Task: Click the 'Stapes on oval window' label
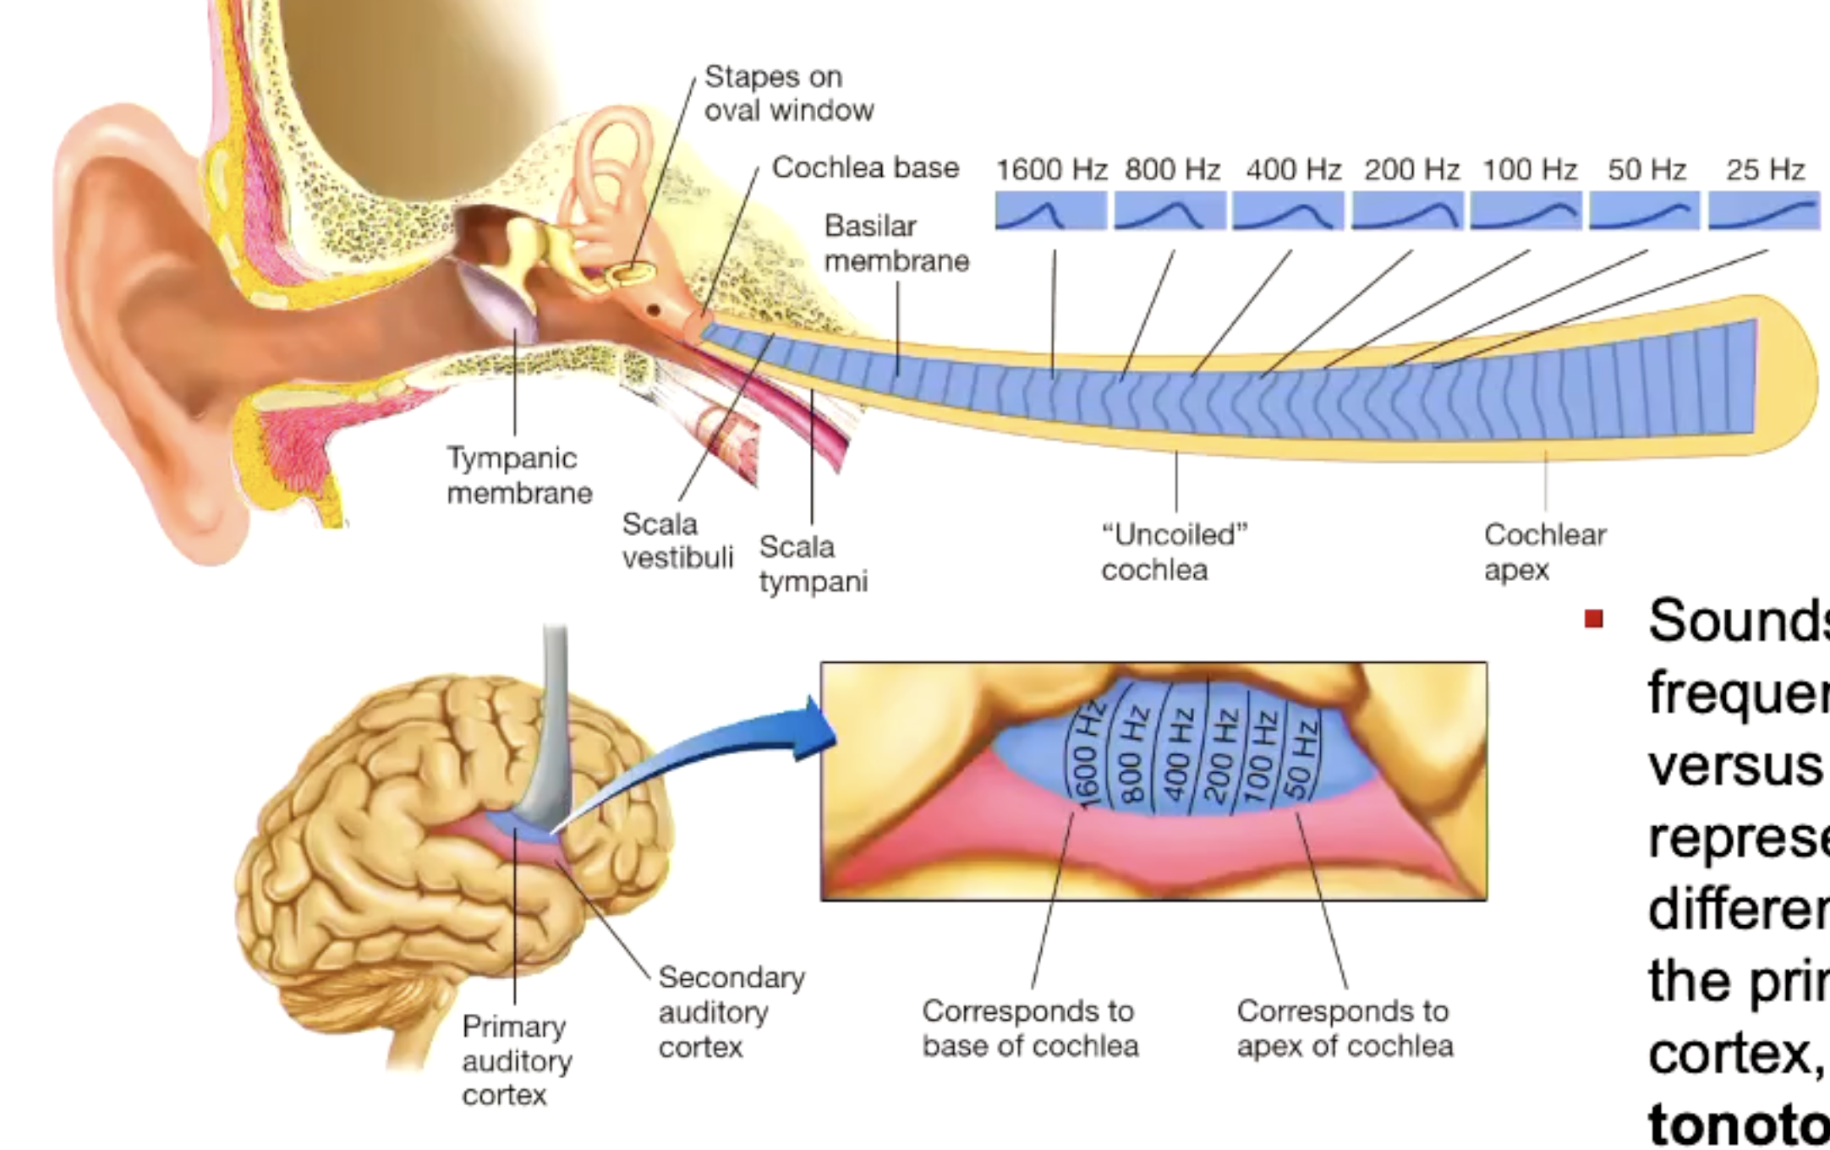coord(788,93)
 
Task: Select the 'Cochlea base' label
coord(865,167)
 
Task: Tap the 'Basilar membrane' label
coord(896,244)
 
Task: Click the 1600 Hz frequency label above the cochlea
coord(1051,170)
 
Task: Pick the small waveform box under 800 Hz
coord(1170,211)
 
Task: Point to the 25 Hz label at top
coord(1765,170)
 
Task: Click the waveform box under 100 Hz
coord(1526,211)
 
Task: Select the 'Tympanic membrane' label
coord(519,475)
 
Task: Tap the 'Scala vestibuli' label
coord(677,541)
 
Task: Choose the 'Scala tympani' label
coord(813,564)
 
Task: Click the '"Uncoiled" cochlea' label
coord(1174,552)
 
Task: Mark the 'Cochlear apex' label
coord(1544,552)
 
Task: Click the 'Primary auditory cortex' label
coord(517,1060)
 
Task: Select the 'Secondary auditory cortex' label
coord(731,1012)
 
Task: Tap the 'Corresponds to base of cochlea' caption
coord(1030,1028)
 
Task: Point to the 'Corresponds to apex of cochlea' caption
coord(1345,1028)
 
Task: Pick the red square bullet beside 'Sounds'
coord(1594,619)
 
